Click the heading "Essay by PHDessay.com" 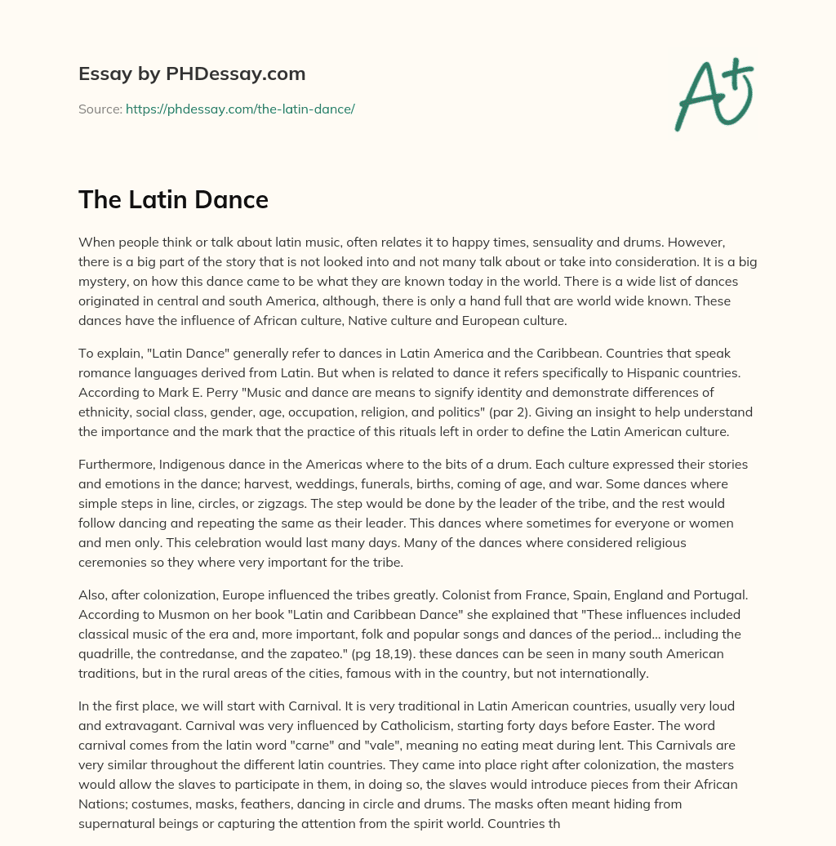click(x=192, y=74)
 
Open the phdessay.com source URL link click(x=240, y=109)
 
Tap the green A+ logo click(x=713, y=95)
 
